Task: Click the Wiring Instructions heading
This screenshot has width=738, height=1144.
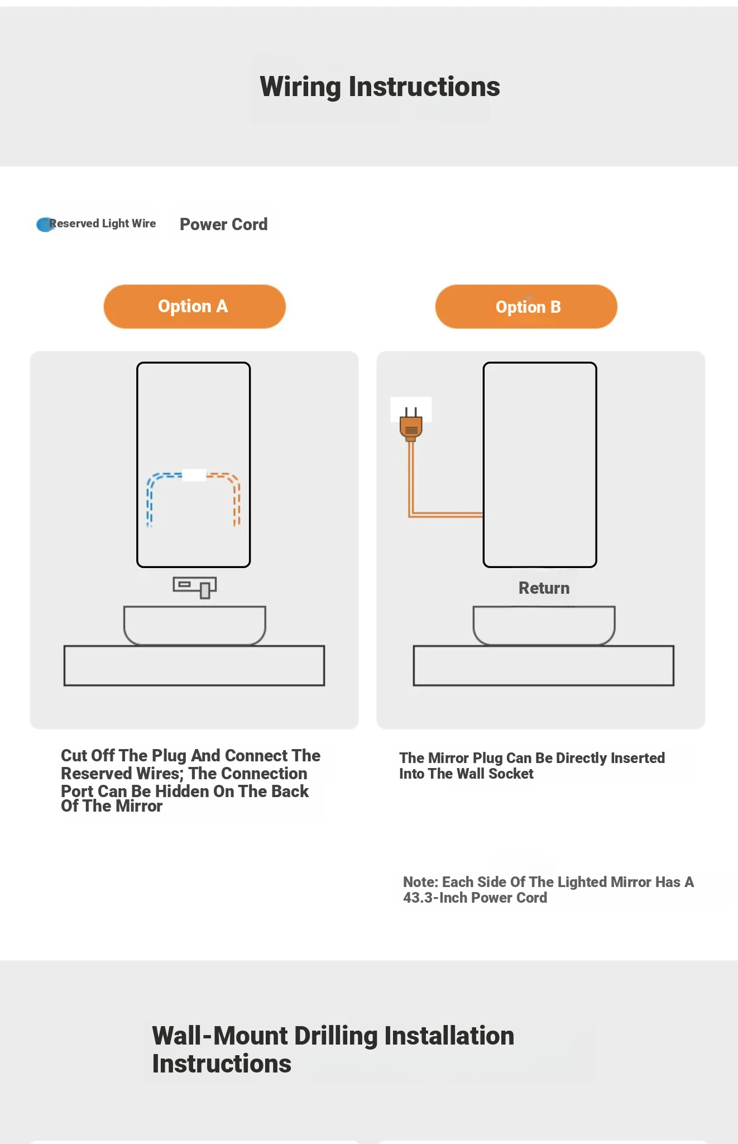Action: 380,87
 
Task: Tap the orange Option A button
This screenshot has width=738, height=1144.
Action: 194,307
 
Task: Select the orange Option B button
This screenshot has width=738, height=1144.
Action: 526,307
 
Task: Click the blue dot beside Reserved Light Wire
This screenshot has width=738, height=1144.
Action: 44,225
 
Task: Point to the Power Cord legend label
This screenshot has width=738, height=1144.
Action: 223,225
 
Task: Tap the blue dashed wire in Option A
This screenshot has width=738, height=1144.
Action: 150,500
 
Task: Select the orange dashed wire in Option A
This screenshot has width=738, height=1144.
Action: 237,500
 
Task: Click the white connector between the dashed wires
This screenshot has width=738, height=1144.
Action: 194,475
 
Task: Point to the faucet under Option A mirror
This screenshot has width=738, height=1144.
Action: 195,587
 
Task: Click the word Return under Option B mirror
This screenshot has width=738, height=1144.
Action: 544,588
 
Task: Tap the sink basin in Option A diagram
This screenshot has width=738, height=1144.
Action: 194,625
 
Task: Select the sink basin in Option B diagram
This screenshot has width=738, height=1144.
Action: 544,625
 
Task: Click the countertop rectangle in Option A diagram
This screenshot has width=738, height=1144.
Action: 194,665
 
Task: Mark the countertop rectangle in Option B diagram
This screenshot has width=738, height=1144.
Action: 544,665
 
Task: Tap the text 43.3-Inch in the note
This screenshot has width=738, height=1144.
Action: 436,898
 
